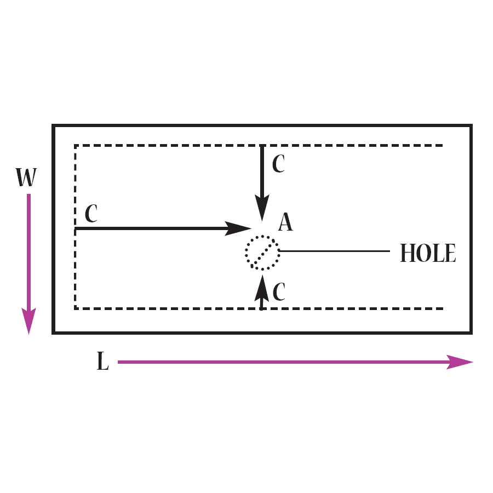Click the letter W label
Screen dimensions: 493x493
point(27,177)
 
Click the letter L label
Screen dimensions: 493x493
point(102,362)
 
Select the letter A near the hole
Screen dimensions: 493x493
point(285,222)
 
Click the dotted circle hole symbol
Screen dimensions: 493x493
point(262,253)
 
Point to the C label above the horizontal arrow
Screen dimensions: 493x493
point(91,214)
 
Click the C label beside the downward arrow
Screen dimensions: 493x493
point(279,164)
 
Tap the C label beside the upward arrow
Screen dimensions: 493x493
point(279,293)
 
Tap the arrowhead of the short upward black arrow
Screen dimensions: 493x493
point(262,286)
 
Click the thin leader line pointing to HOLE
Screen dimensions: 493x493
point(334,251)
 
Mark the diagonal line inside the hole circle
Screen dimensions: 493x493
point(262,253)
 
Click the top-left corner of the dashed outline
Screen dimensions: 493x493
point(75,146)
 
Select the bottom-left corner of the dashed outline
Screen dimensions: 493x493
point(75,308)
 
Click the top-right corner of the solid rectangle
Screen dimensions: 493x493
point(471,126)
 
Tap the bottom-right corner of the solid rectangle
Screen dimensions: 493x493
point(471,332)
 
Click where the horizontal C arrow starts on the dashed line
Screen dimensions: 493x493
point(76,228)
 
